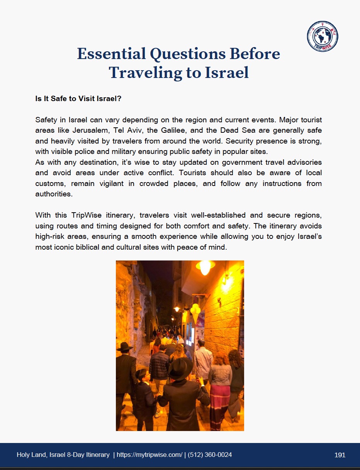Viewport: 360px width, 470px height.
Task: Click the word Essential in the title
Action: (x=111, y=54)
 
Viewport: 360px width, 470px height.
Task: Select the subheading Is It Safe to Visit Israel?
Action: (x=78, y=99)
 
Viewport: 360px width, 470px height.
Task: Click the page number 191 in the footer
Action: (x=340, y=455)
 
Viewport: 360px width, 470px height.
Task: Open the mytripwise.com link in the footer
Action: (x=149, y=455)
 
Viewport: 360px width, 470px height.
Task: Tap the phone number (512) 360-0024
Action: (x=210, y=455)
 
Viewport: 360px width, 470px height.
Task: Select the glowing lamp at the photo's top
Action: (x=205, y=266)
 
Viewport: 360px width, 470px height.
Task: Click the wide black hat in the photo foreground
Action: (x=180, y=368)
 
